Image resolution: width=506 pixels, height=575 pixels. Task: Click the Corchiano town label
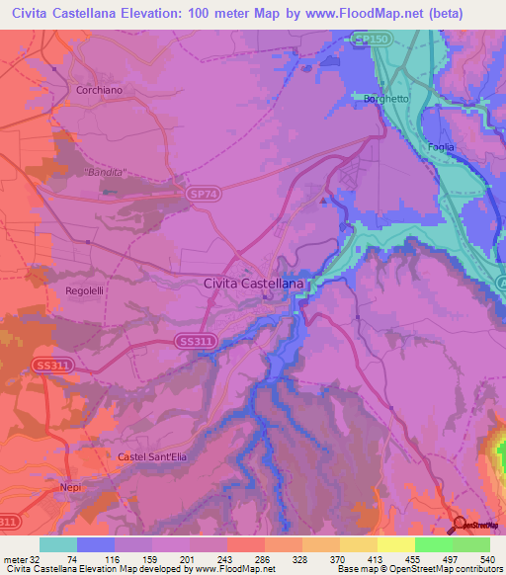[x=98, y=89]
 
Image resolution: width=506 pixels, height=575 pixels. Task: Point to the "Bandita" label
[x=106, y=172]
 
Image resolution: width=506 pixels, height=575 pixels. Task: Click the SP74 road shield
[x=204, y=197]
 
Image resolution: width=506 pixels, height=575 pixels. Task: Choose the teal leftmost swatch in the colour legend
[x=58, y=544]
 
